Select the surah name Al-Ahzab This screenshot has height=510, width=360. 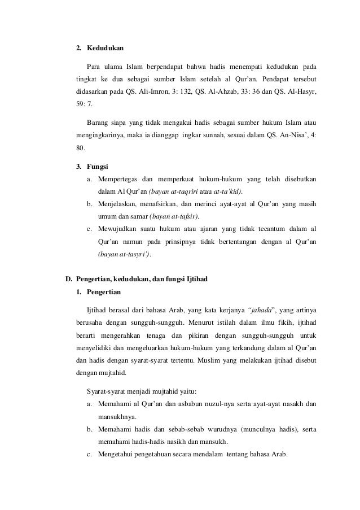click(x=220, y=90)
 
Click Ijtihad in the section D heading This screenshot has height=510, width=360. click(x=208, y=279)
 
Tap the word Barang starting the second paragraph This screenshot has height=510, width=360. click(x=99, y=121)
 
